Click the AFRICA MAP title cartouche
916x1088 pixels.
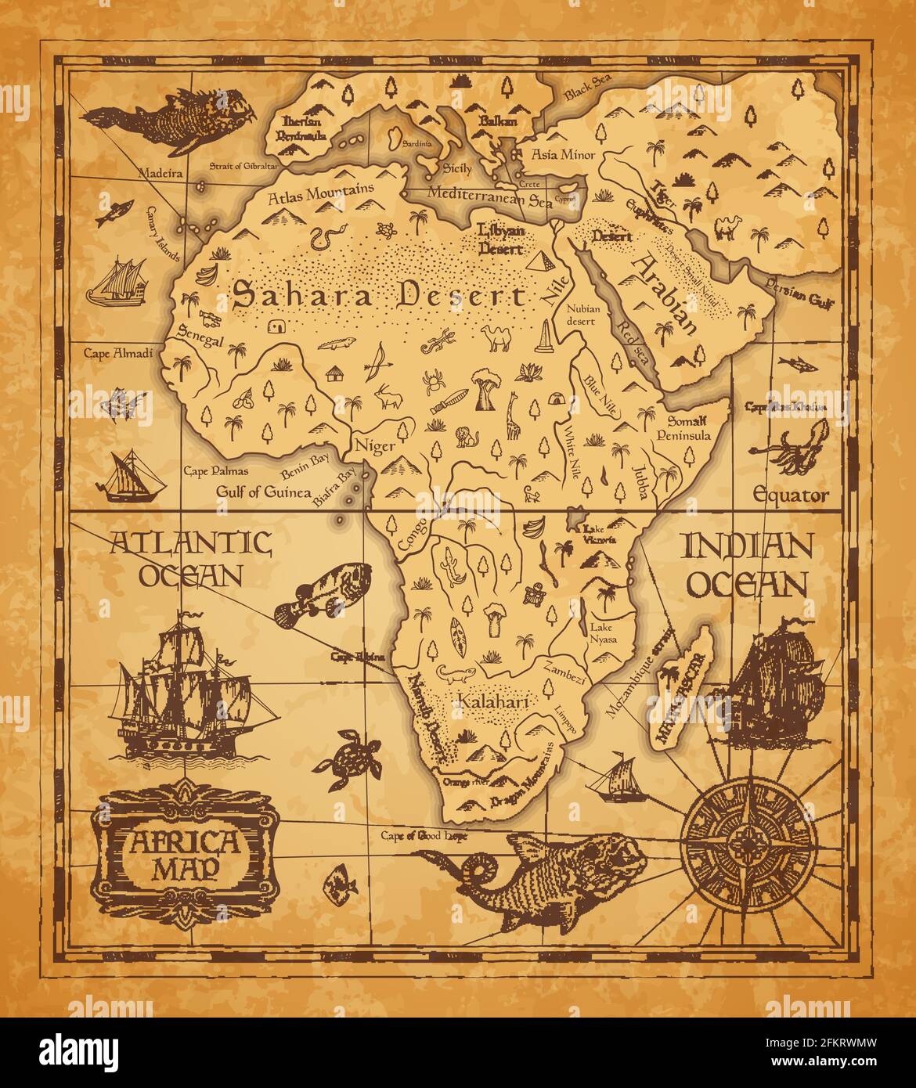186,852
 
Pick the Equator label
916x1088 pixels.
790,495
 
